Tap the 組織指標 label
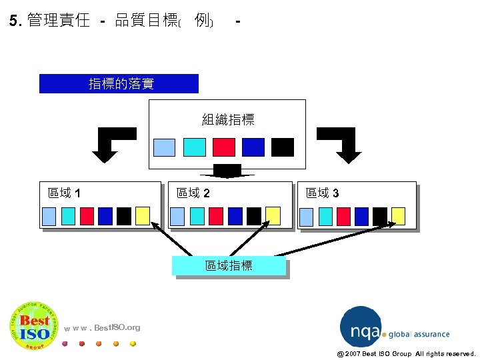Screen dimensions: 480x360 pos(227,120)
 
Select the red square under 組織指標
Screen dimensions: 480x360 pos(224,147)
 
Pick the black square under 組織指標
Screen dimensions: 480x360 pos(283,147)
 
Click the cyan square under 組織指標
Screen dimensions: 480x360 pos(195,147)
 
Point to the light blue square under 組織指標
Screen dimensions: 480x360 pos(165,147)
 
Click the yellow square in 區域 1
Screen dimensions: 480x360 pos(142,215)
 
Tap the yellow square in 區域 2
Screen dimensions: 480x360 pos(272,215)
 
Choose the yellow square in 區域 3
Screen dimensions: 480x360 pos(398,215)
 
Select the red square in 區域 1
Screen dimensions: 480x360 pos(87,215)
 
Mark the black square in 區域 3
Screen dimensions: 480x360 pos(380,215)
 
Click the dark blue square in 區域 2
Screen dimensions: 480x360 pos(235,215)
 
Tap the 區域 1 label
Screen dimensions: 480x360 pos(65,193)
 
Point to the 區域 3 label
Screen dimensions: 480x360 pos(322,193)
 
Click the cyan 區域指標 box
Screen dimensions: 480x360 pos(229,265)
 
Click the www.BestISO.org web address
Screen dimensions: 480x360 pos(103,327)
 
